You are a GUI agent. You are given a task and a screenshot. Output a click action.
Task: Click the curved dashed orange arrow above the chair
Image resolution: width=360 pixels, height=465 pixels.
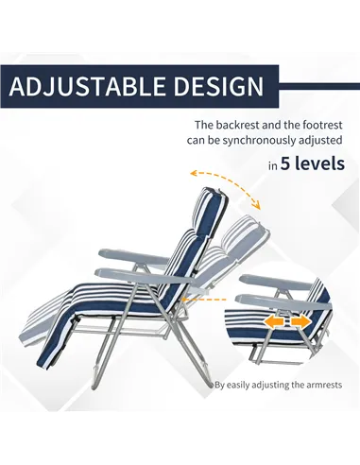(x=225, y=181)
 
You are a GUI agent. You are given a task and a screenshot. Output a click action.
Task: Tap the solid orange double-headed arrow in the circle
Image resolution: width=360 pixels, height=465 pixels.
(x=286, y=322)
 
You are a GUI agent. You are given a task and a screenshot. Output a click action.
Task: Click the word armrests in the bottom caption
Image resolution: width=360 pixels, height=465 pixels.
(x=321, y=385)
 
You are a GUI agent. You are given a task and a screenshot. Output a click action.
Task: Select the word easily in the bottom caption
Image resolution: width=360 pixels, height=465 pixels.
(x=243, y=385)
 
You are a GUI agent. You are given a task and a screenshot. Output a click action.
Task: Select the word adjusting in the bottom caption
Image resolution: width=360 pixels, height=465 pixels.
(x=278, y=385)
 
